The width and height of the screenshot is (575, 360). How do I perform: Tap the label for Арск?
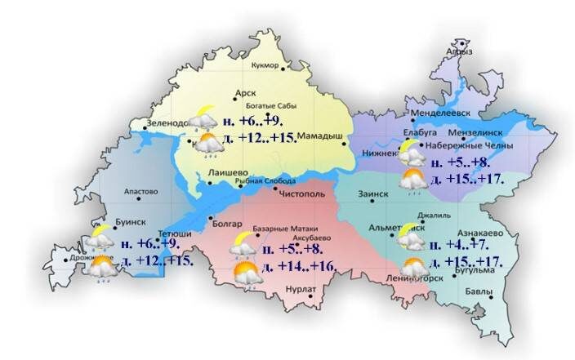tap(246, 94)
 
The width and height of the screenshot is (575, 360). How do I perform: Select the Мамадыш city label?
tap(319, 136)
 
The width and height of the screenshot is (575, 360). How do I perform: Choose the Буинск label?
tap(110, 221)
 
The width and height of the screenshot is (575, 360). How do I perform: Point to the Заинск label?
tap(374, 194)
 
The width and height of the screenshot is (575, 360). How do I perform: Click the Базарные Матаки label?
tap(269, 228)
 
